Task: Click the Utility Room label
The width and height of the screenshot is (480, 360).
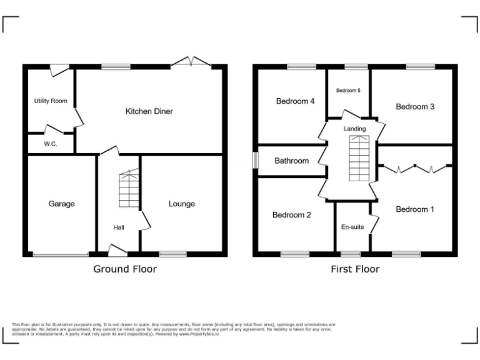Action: [51, 101]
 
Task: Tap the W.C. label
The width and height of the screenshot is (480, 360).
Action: [51, 144]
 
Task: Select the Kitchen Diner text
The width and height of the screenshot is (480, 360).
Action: [149, 111]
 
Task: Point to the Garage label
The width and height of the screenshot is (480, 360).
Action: [61, 204]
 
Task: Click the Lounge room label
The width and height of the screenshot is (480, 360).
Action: [181, 204]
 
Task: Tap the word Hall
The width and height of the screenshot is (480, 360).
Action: [119, 227]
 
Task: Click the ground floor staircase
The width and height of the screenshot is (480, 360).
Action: [128, 190]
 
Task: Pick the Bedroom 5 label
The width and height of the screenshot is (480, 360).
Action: [348, 91]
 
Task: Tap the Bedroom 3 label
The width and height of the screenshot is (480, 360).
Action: [415, 106]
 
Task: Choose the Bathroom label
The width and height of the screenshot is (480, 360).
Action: [292, 161]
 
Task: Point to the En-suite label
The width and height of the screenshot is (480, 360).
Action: [352, 227]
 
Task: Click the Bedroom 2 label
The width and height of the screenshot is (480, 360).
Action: [291, 215]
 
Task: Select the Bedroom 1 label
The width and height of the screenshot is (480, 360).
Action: [415, 209]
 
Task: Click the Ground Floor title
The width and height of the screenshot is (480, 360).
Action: [125, 269]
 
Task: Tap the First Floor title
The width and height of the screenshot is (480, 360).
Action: [355, 269]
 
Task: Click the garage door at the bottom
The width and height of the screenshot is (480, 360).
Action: [61, 254]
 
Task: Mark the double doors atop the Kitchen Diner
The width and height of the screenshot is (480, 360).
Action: [191, 62]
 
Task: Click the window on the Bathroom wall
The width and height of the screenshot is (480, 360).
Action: [255, 160]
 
